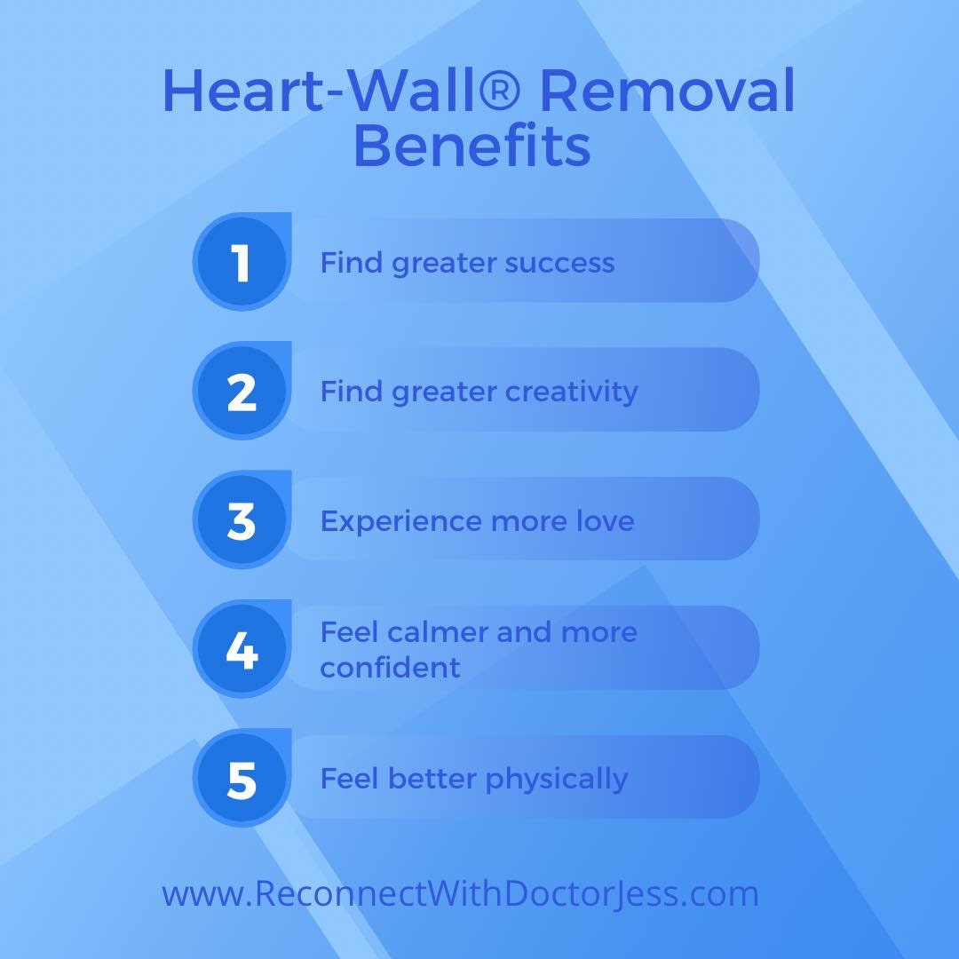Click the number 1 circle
tap(242, 264)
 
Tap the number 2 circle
tap(242, 392)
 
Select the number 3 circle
tap(242, 521)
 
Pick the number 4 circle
tap(242, 651)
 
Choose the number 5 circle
tap(242, 780)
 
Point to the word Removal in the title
tap(668, 91)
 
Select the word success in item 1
tap(559, 264)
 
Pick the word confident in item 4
tap(391, 667)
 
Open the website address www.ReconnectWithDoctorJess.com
tap(460, 894)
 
